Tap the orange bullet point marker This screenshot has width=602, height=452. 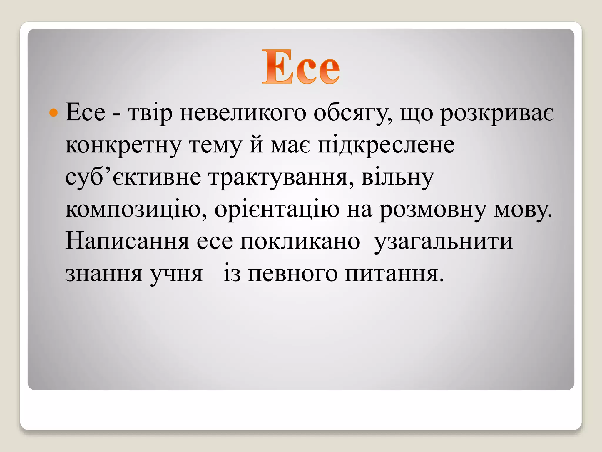[53, 113]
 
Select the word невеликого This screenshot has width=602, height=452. [243, 113]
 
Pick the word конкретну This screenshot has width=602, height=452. [123, 146]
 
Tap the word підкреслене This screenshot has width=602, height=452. [386, 146]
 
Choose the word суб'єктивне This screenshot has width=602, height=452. [133, 178]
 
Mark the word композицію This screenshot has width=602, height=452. [136, 210]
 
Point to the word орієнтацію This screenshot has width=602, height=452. [277, 210]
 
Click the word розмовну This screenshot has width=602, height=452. [433, 210]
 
